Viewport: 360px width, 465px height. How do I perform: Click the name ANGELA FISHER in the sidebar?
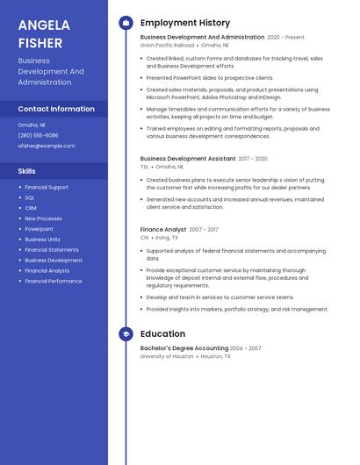click(x=40, y=33)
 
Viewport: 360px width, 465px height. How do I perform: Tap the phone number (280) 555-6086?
click(x=38, y=135)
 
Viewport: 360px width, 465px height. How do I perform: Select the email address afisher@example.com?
click(x=47, y=146)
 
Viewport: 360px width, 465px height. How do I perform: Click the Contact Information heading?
click(x=56, y=109)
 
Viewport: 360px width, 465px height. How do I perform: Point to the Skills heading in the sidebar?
click(x=27, y=171)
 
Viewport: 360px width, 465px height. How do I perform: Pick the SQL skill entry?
click(x=30, y=197)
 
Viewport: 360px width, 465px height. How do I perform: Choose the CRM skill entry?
click(x=31, y=208)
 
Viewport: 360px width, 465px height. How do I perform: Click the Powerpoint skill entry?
click(x=39, y=229)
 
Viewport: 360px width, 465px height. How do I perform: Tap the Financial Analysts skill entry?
click(x=47, y=270)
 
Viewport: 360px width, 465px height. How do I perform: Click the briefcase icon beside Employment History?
click(x=126, y=23)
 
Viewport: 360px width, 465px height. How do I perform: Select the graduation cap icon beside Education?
click(x=126, y=334)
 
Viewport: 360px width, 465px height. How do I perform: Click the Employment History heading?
click(x=185, y=23)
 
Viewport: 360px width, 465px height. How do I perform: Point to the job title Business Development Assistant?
click(x=188, y=159)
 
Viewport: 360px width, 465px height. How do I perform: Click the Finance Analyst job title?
click(x=163, y=230)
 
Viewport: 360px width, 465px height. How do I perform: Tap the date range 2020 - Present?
click(x=286, y=38)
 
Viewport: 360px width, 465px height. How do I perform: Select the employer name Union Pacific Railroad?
click(x=166, y=45)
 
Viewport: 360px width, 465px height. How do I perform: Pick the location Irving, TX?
click(x=167, y=238)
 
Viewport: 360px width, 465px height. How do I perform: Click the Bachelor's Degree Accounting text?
click(x=184, y=348)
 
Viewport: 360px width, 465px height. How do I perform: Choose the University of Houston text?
click(x=167, y=356)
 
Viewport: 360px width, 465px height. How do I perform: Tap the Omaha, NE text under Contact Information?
click(x=32, y=125)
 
